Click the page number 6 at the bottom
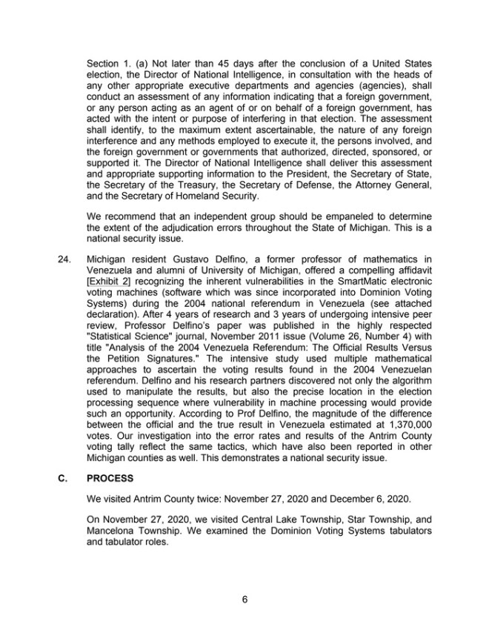245,600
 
